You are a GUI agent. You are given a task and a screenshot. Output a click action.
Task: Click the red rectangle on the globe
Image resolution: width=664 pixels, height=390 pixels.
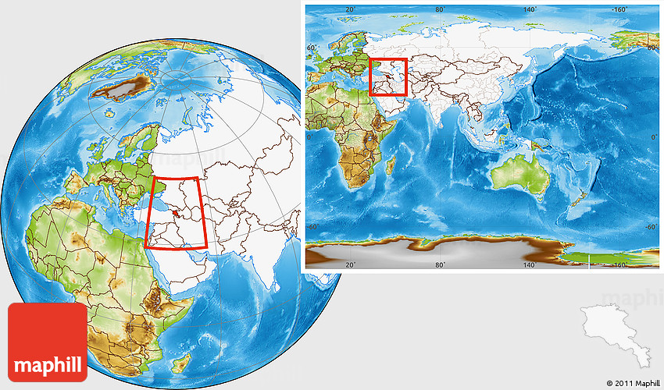177,213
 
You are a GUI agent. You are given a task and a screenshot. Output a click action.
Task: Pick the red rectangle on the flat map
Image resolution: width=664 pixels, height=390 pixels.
388,77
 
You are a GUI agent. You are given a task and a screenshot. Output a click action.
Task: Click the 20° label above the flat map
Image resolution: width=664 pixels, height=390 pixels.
351,9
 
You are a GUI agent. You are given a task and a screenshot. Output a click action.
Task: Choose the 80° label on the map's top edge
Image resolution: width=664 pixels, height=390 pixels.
441,9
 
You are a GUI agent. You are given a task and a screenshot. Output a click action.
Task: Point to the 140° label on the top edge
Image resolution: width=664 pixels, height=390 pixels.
530,9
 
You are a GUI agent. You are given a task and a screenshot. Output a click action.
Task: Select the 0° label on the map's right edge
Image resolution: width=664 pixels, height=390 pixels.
655,137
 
